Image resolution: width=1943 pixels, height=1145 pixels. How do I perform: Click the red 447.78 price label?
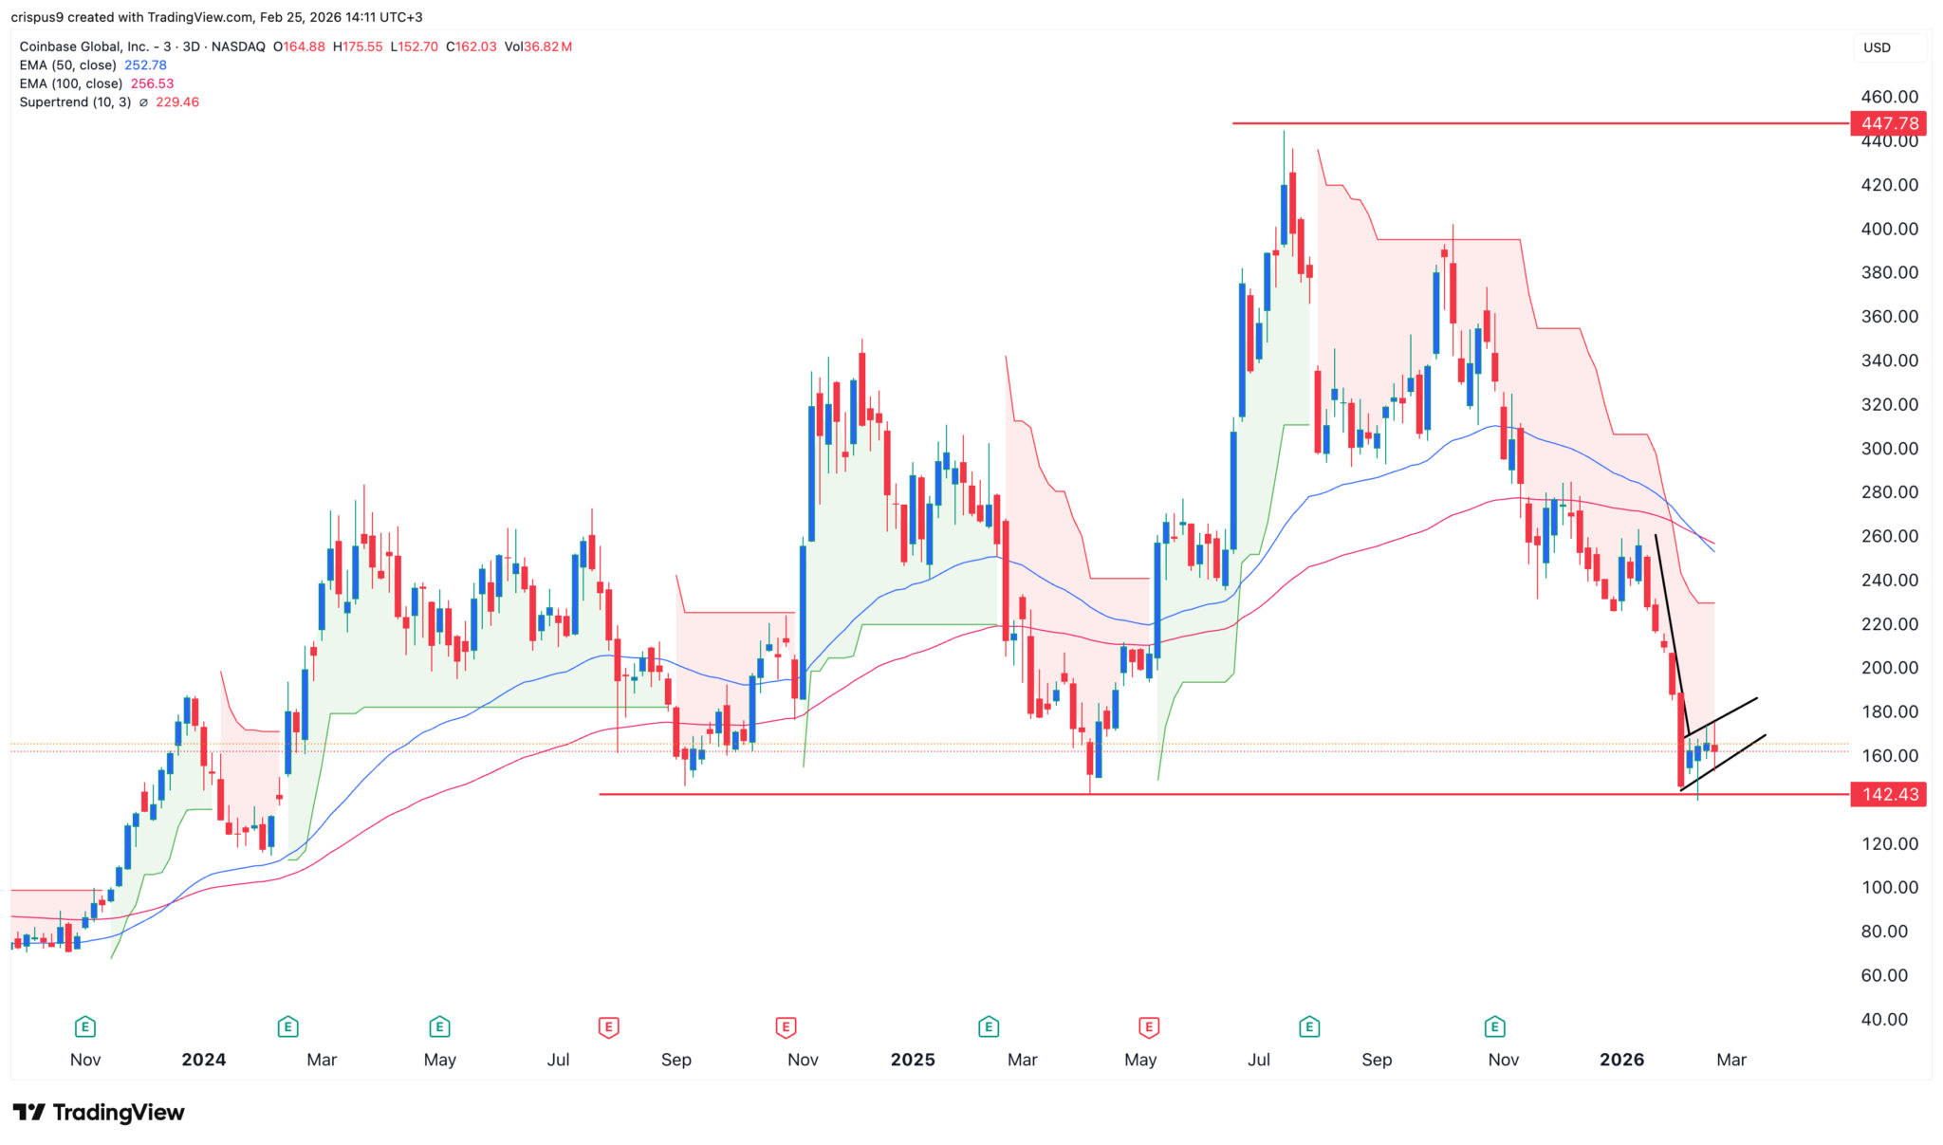(x=1889, y=123)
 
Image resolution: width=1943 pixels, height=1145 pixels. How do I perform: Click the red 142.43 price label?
(x=1889, y=794)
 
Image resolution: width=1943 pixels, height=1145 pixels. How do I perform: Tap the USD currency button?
(x=1877, y=47)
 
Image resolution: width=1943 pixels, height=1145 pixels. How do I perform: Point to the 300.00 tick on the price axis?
(x=1889, y=449)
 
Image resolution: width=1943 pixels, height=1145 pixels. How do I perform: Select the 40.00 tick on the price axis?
(x=1884, y=1020)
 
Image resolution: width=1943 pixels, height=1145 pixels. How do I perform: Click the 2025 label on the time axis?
(x=913, y=1060)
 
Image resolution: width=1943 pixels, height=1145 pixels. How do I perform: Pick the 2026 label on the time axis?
(x=1621, y=1060)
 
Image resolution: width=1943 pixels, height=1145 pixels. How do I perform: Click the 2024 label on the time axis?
(x=204, y=1060)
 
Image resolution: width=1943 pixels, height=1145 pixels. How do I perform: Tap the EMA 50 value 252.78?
(x=145, y=65)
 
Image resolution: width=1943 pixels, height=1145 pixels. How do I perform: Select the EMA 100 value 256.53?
(x=152, y=83)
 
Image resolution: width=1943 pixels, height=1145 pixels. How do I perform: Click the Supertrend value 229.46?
(x=177, y=102)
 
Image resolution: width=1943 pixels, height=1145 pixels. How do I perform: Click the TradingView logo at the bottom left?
(x=99, y=1112)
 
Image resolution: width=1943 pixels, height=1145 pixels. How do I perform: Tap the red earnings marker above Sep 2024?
(x=609, y=1026)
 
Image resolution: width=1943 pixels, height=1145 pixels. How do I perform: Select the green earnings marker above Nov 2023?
(x=85, y=1026)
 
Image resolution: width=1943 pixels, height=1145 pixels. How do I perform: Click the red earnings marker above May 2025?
(x=1149, y=1026)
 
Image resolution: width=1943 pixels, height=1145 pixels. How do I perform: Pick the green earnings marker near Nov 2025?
(x=1494, y=1026)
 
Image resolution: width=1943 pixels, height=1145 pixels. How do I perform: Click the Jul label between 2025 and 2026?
(x=1258, y=1060)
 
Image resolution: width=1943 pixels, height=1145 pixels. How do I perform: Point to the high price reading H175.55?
(x=358, y=46)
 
